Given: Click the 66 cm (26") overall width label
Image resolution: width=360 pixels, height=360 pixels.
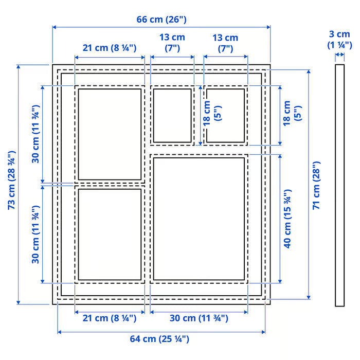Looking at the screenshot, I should click(161, 20).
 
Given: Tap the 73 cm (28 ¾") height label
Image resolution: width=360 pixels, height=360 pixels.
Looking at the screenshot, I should click(11, 180).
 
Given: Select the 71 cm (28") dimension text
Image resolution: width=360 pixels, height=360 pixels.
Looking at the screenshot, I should click(317, 184).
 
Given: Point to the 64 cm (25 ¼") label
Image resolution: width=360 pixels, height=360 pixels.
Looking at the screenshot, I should click(161, 339).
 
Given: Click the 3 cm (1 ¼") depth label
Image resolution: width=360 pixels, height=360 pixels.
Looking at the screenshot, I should click(339, 39).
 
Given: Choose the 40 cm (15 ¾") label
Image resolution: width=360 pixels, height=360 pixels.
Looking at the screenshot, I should click(288, 219).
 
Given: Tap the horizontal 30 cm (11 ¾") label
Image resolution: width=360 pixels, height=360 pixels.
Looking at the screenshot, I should click(199, 318).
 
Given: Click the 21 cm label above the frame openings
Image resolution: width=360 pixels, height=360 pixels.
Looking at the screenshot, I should click(110, 48).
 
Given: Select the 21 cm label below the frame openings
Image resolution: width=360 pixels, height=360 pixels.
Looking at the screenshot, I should click(110, 318).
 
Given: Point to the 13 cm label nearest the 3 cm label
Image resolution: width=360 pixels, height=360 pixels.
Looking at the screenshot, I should click(225, 43).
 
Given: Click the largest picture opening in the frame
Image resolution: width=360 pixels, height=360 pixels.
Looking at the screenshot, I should click(199, 219).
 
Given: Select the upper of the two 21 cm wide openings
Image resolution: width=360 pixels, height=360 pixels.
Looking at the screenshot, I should click(110, 134).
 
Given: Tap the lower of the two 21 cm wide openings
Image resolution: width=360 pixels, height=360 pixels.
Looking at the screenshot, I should click(110, 235).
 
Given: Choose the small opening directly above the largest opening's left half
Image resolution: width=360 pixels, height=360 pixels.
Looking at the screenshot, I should click(172, 115).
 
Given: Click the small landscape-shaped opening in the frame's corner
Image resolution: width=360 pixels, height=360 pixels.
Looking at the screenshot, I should click(225, 115).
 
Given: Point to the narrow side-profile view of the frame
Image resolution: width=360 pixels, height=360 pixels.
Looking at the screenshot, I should click(339, 185).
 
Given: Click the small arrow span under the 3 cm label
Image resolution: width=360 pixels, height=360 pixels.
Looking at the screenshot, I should click(339, 55).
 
